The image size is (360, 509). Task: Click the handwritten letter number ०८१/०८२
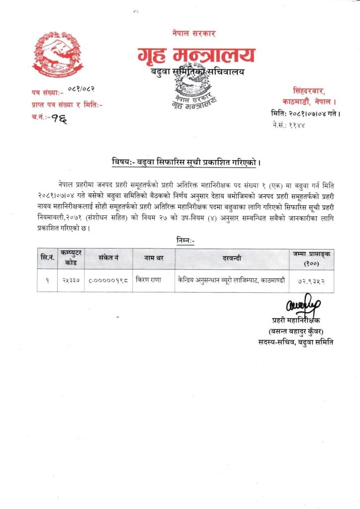click(79, 89)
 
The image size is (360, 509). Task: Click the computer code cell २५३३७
click(70, 280)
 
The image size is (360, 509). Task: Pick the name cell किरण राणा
click(148, 280)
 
